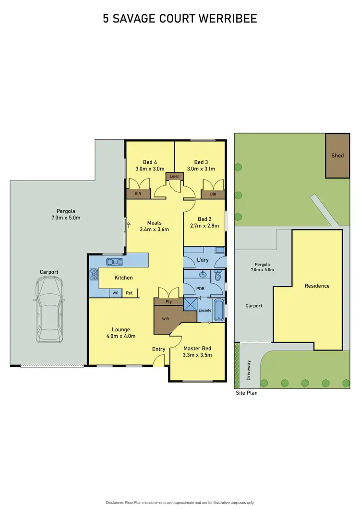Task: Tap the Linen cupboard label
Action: [x=174, y=177]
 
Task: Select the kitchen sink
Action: [x=115, y=262]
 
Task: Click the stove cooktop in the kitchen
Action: [x=94, y=275]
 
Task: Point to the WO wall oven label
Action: [x=115, y=292]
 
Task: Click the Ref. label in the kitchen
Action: [x=129, y=292]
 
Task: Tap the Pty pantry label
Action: [x=168, y=302]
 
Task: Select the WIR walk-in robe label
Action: [x=165, y=318]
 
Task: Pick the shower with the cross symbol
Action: [x=191, y=305]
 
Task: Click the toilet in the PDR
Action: [x=217, y=276]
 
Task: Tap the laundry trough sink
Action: [x=219, y=250]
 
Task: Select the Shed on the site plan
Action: [x=337, y=156]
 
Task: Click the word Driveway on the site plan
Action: [x=249, y=371]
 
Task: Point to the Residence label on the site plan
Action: [x=317, y=286]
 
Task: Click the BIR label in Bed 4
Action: [x=138, y=194]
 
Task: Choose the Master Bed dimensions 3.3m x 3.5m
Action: [x=197, y=355]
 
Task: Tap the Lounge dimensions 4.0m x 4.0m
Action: [x=120, y=336]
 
